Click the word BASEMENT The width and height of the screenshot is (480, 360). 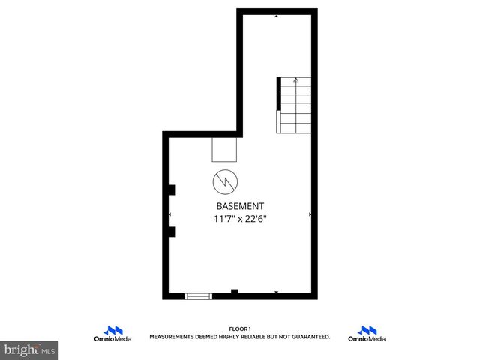[x=240, y=206]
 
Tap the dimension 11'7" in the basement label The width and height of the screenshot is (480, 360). [x=224, y=219]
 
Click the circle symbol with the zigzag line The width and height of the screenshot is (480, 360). [x=225, y=181]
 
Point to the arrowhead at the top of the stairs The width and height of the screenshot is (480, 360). [x=296, y=79]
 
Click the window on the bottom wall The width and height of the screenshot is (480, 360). [x=199, y=295]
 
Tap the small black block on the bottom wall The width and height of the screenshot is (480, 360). [x=235, y=292]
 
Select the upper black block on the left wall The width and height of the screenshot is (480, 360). [x=172, y=190]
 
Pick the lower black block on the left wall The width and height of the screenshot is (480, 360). [x=172, y=231]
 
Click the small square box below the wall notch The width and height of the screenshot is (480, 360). [x=225, y=149]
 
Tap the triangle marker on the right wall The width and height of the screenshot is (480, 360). [x=310, y=214]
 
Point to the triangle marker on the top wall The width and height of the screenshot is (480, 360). [x=277, y=16]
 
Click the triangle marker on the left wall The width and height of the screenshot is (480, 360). [x=169, y=214]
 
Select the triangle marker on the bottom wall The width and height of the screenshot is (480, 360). [x=277, y=292]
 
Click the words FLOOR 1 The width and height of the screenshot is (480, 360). [x=240, y=328]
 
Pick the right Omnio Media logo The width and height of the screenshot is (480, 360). [x=367, y=334]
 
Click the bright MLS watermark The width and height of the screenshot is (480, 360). [x=30, y=350]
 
